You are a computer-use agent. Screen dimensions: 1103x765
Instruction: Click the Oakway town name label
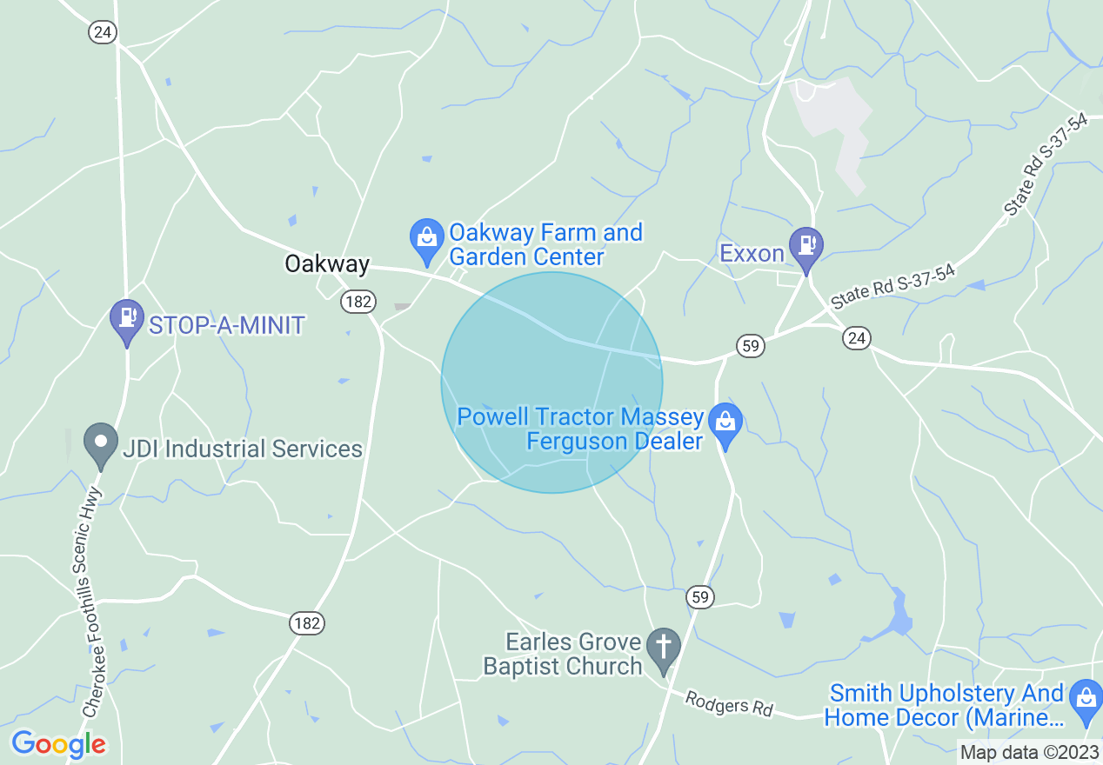pyautogui.click(x=327, y=264)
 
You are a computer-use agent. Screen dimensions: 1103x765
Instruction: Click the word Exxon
pyautogui.click(x=752, y=254)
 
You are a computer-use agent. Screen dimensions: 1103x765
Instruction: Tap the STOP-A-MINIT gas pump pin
pyautogui.click(x=127, y=322)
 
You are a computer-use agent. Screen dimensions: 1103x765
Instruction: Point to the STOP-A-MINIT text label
pyautogui.click(x=226, y=326)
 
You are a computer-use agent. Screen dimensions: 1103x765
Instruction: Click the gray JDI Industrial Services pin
pyautogui.click(x=101, y=445)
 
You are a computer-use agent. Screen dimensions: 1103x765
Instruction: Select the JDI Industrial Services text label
pyautogui.click(x=242, y=449)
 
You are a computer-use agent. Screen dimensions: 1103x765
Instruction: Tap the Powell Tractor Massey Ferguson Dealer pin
pyautogui.click(x=725, y=425)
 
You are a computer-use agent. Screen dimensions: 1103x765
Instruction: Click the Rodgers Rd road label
pyautogui.click(x=729, y=703)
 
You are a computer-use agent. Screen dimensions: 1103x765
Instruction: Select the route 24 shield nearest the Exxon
pyautogui.click(x=857, y=338)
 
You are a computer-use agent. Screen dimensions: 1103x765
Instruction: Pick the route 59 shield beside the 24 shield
pyautogui.click(x=751, y=346)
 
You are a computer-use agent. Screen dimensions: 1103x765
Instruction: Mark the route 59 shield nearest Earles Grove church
pyautogui.click(x=700, y=597)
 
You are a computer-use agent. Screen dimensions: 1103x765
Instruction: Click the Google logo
pyautogui.click(x=58, y=744)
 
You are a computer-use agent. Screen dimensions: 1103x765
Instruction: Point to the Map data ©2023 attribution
pyautogui.click(x=1029, y=752)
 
